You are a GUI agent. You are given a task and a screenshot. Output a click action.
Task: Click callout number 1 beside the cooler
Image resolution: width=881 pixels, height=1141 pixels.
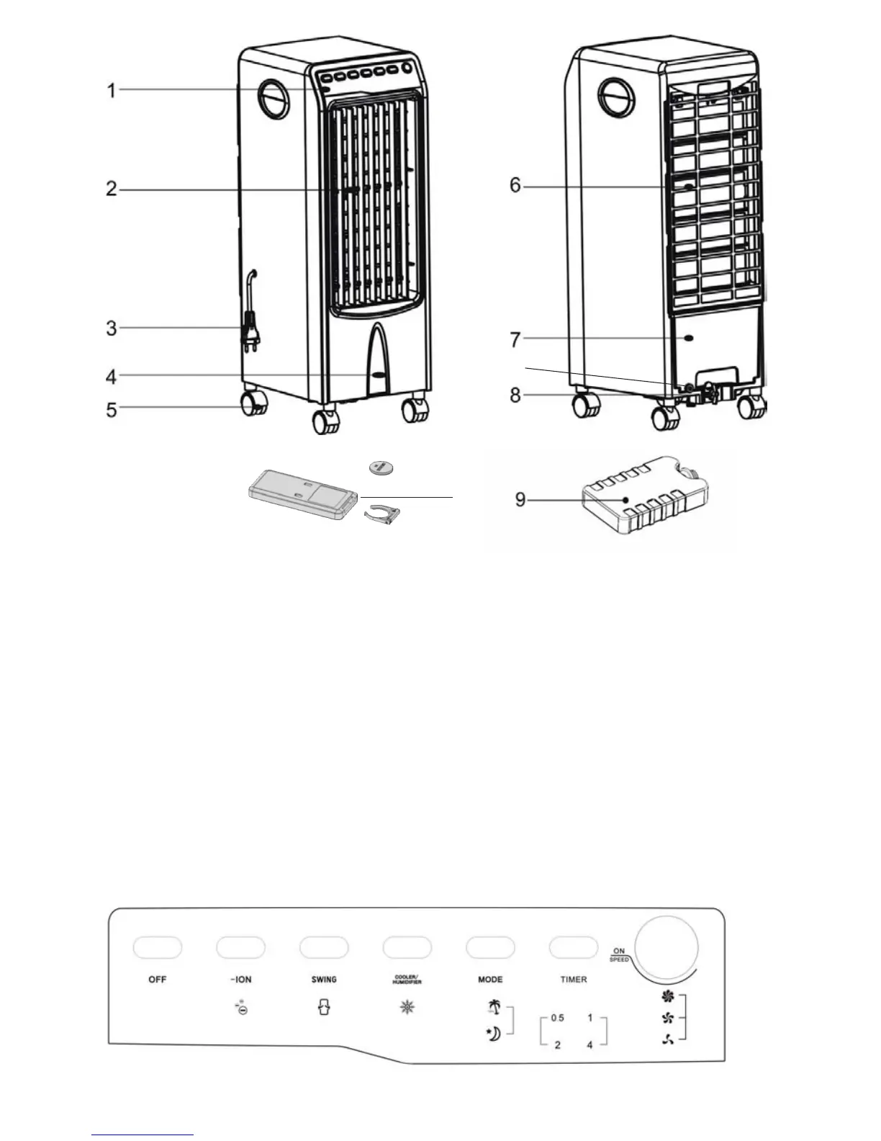tap(112, 90)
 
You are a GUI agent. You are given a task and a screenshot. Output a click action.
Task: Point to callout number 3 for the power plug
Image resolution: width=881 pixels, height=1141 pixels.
tap(112, 328)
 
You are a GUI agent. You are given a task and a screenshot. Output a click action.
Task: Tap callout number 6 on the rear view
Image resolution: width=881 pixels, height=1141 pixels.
tap(515, 186)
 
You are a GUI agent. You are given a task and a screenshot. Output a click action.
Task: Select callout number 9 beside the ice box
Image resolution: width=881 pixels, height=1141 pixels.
tap(521, 499)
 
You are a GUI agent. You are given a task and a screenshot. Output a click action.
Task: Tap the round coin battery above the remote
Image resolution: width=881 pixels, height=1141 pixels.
tap(381, 468)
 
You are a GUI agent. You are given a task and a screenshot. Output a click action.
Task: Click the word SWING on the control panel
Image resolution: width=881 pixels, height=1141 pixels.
tap(324, 980)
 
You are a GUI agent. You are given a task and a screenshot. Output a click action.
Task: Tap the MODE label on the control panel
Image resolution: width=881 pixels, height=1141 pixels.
tap(490, 980)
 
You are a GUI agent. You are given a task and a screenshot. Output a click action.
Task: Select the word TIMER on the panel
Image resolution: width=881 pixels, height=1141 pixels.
tap(574, 980)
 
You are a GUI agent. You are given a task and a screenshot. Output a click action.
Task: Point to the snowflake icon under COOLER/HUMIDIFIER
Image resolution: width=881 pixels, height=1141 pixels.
tap(407, 1008)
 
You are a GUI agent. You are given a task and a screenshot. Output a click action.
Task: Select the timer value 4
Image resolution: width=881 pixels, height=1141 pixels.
tap(589, 1044)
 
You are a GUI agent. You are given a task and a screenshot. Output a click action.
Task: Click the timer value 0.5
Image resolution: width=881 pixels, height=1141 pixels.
tap(557, 1019)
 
